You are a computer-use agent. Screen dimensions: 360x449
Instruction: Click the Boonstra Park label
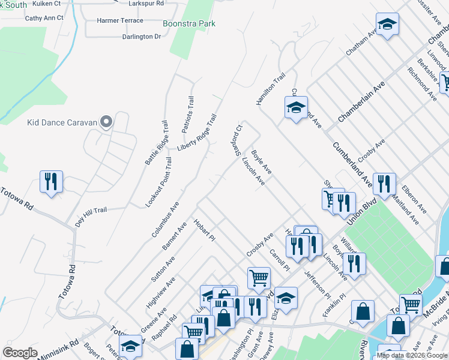pos(189,24)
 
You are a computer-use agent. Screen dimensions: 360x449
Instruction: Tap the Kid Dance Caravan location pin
pos(106,122)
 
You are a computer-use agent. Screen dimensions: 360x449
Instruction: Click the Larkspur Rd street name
pos(147,4)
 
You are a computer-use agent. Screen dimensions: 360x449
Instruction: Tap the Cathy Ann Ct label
pos(44,19)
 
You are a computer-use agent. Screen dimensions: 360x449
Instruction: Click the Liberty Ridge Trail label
pos(197,133)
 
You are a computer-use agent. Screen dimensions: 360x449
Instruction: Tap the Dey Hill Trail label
pos(91,214)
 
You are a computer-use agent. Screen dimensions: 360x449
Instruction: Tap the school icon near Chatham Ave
pos(387,25)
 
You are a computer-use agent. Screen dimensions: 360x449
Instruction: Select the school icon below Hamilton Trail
pos(295,107)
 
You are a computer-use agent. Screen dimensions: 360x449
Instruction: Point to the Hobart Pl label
pos(204,230)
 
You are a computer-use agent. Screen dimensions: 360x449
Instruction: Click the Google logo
pos(20,352)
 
